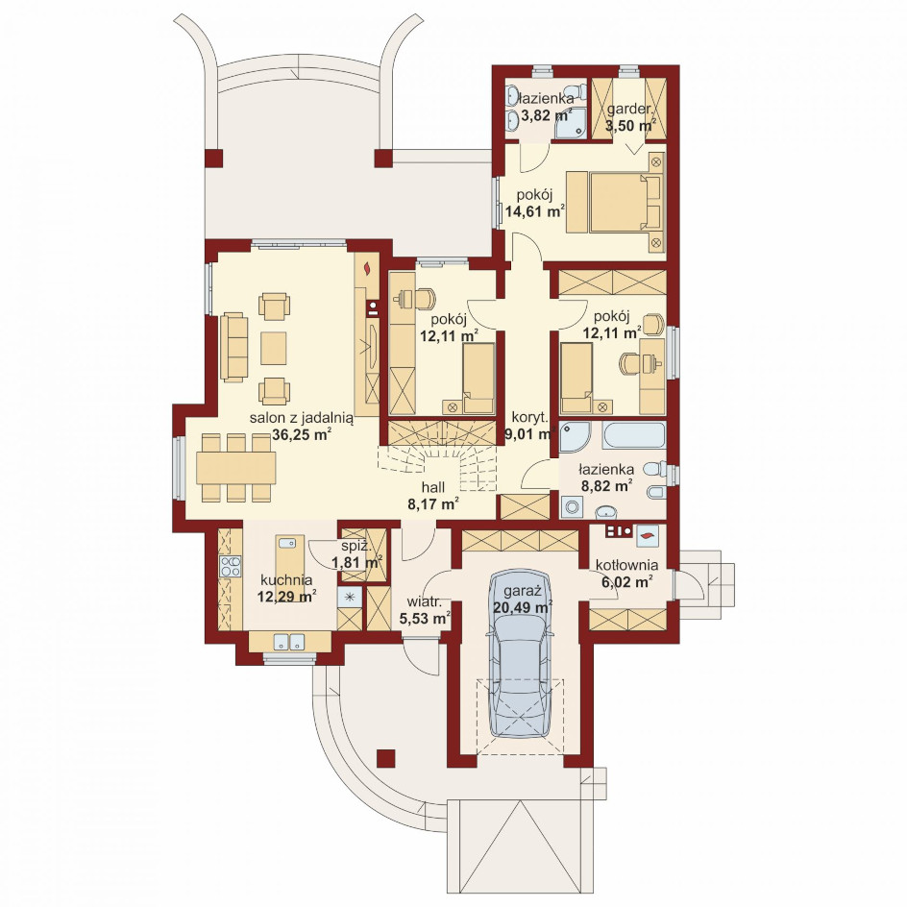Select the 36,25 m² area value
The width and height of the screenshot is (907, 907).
(302, 435)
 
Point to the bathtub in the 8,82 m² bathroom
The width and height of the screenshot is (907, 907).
(633, 435)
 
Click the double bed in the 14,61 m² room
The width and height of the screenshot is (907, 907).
(625, 203)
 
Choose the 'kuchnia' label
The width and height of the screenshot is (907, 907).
(286, 579)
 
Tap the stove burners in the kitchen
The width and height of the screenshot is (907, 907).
(231, 566)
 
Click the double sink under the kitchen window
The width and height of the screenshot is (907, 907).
(289, 642)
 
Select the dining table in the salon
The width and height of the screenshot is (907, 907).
(236, 468)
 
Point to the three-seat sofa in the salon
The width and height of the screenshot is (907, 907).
(233, 347)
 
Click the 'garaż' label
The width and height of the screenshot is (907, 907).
(522, 592)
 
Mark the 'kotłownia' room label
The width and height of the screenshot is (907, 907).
(627, 565)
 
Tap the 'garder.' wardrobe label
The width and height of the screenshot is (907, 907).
(630, 110)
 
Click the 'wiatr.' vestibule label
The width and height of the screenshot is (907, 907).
(424, 601)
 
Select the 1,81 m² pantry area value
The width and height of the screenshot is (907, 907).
(356, 562)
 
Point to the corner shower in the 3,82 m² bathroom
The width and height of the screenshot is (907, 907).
(571, 123)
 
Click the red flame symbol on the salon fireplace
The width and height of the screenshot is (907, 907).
(367, 268)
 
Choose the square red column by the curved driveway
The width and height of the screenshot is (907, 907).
(386, 758)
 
